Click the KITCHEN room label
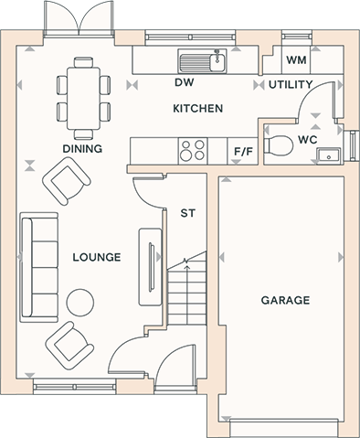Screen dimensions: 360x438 (x=198, y=108)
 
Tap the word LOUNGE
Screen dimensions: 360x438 (x=97, y=257)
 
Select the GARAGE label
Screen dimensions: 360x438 (x=285, y=300)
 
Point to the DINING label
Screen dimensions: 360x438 (x=82, y=149)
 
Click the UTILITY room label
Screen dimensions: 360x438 (x=291, y=84)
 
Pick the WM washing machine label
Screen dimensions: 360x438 (x=296, y=59)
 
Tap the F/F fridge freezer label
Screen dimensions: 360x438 (x=243, y=151)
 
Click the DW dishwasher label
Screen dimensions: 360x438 (x=185, y=82)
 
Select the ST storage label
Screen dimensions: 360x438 (x=187, y=213)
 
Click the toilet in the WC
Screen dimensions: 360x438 (x=278, y=144)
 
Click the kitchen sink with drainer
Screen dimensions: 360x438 (x=202, y=61)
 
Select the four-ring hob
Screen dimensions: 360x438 (x=193, y=151)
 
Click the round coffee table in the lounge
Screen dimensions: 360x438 (x=80, y=303)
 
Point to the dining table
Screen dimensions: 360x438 (x=83, y=98)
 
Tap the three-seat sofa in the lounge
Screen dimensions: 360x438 (x=39, y=267)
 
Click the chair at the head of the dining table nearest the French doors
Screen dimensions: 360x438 (x=83, y=62)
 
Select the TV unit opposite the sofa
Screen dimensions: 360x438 (x=150, y=267)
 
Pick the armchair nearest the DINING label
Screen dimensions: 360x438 (x=67, y=181)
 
